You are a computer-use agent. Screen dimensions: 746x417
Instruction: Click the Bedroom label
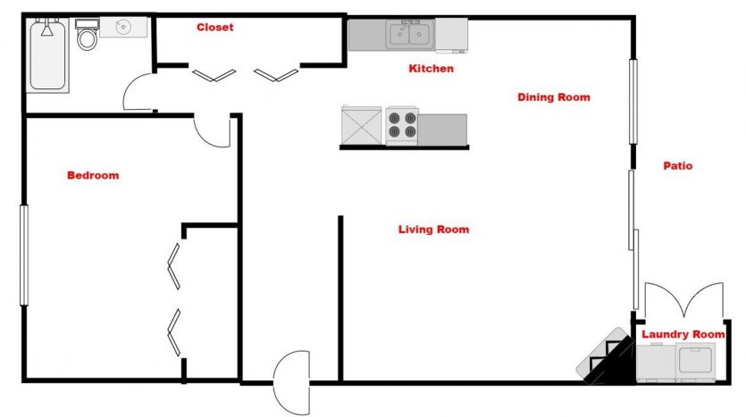pos(93,175)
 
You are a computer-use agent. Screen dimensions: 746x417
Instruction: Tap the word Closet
pos(215,27)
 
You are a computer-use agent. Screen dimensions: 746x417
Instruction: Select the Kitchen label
pos(431,69)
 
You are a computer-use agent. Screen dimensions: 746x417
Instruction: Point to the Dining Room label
pos(554,97)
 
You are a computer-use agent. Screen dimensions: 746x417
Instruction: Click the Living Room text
pos(433,229)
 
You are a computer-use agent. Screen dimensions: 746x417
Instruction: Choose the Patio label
pos(678,166)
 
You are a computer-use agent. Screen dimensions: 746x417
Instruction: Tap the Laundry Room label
pos(683,334)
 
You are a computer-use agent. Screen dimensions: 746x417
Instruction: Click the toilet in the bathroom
pos(87,34)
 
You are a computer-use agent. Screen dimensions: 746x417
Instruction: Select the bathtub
pos(47,55)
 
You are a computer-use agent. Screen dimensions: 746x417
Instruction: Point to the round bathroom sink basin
pos(123,27)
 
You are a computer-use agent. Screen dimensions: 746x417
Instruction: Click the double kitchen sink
pos(410,34)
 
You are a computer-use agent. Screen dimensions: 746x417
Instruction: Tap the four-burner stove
pos(402,126)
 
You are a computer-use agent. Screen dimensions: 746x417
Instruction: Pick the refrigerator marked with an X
pos(362,126)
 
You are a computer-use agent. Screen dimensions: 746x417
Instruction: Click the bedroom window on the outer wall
pos(24,254)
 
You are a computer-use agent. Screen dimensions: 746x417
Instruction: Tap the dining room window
pos(633,101)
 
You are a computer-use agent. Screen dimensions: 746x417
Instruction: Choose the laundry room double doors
pos(683,298)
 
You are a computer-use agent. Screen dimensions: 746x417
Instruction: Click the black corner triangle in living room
pos(615,363)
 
